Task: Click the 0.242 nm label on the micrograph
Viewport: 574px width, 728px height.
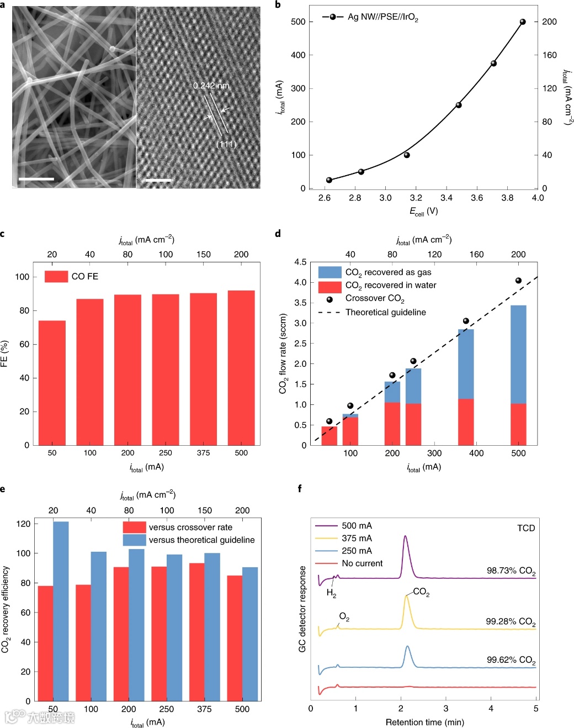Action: (211, 86)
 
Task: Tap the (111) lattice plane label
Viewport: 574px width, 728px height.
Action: (226, 144)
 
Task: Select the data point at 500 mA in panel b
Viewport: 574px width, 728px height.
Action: (523, 22)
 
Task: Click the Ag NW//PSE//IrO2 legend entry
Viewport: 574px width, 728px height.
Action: (382, 17)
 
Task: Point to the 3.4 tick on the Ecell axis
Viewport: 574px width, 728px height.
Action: (447, 198)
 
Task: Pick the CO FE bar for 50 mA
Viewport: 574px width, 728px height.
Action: (52, 382)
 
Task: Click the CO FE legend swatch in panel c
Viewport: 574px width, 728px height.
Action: (56, 276)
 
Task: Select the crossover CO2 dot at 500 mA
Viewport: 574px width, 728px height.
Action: (518, 281)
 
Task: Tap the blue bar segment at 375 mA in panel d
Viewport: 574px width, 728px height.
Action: (466, 364)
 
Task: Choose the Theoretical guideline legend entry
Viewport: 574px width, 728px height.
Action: (385, 312)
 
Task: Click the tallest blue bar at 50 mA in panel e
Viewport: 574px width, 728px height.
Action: (61, 610)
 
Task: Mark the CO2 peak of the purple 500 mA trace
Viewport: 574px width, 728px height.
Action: (406, 536)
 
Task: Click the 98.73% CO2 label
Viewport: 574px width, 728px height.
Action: (511, 571)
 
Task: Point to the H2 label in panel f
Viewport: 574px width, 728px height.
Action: (331, 593)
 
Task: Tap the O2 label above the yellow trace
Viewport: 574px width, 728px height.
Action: (344, 616)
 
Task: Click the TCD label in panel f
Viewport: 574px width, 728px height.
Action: (526, 528)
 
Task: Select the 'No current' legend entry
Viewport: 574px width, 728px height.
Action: (362, 563)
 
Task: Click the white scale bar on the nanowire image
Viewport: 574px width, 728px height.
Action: (36, 179)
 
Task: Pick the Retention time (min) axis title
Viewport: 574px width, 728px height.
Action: (424, 722)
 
